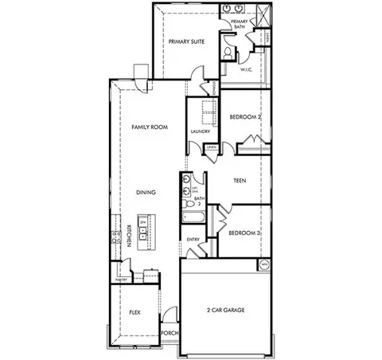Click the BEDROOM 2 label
pyautogui.click(x=245, y=116)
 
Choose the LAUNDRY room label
pyautogui.click(x=201, y=131)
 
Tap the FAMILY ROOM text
pyautogui.click(x=148, y=127)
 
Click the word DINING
pyautogui.click(x=145, y=192)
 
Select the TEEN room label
pyautogui.click(x=239, y=181)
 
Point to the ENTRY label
pyautogui.click(x=193, y=239)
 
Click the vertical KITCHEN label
pyautogui.click(x=129, y=236)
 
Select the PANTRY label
pyautogui.click(x=121, y=280)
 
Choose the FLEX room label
pyautogui.click(x=134, y=313)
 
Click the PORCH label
pyautogui.click(x=170, y=333)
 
